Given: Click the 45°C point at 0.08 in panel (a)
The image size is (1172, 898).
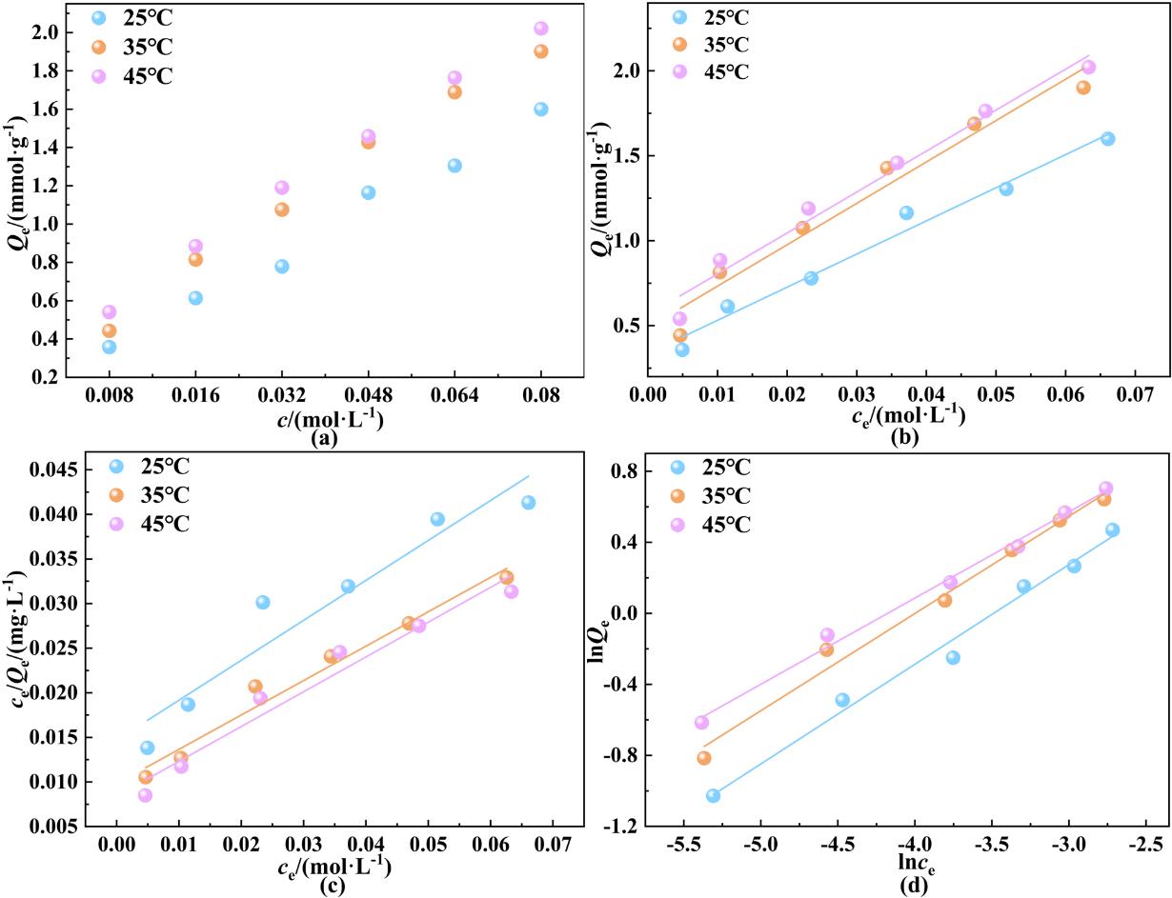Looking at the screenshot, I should [541, 29].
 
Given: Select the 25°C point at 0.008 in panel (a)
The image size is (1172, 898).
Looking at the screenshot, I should [110, 347].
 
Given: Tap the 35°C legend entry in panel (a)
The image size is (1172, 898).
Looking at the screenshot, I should [133, 47].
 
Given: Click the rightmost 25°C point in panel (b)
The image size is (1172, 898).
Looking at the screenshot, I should [1107, 138].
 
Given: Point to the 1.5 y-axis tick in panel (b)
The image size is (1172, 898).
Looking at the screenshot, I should [625, 155].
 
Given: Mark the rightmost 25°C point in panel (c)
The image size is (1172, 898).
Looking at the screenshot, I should [528, 502].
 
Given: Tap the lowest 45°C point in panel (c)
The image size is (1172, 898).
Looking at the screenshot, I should [145, 795].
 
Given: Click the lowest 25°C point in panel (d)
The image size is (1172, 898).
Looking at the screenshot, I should [713, 795].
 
